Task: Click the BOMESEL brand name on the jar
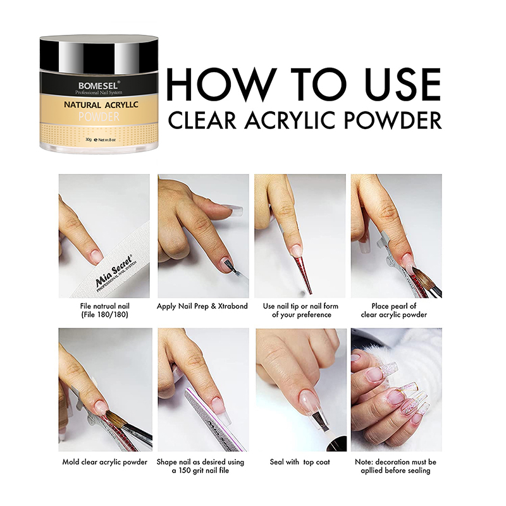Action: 98,86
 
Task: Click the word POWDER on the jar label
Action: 99,116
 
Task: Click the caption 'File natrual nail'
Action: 104,306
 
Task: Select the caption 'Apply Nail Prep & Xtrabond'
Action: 202,306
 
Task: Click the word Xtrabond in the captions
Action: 233,306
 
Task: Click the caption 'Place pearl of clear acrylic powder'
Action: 393,310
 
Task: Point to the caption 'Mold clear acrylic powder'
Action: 104,462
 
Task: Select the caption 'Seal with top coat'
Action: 300,462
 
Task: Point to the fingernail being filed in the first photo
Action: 96,254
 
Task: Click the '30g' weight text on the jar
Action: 89,140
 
